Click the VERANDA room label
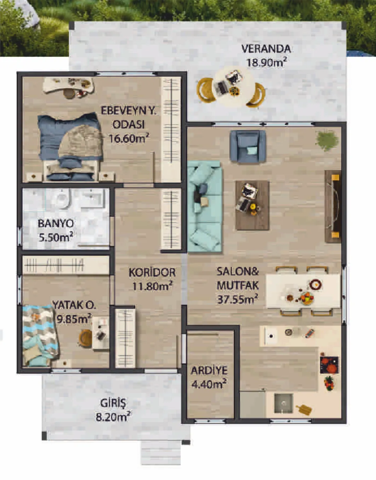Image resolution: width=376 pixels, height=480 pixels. tap(266, 49)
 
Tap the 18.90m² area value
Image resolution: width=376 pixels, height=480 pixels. tap(267, 63)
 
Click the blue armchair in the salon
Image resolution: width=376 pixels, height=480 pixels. tap(248, 146)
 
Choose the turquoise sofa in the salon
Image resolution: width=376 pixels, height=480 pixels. tap(204, 206)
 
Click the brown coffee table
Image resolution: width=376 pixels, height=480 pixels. tap(252, 205)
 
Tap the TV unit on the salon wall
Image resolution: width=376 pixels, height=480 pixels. tap(333, 206)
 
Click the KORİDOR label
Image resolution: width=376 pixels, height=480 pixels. tap(152, 273)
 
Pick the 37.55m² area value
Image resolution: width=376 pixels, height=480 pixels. tap(238, 299)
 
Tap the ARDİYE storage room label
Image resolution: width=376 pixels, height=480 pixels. tap(209, 370)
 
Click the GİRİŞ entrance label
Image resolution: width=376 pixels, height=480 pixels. tap(113, 403)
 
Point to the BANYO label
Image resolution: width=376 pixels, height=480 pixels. tap(56, 224)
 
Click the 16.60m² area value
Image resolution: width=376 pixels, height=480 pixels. tap(129, 139)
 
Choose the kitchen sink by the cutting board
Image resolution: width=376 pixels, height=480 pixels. tap(284, 403)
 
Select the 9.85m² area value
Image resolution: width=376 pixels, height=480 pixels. tap(74, 319)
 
